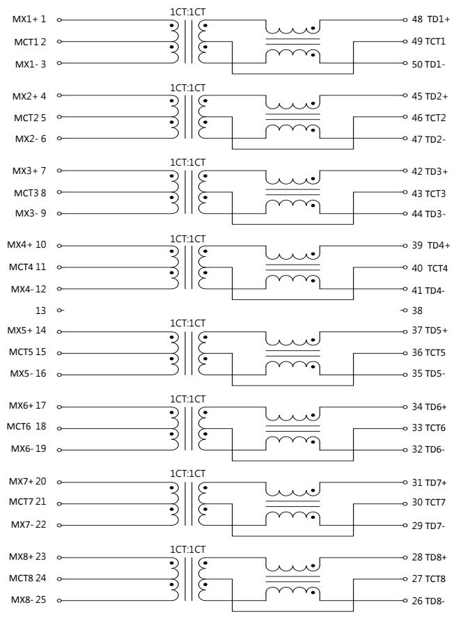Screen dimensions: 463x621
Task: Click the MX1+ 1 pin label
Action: click(x=29, y=19)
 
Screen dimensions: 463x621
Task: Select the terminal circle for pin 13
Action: click(x=59, y=310)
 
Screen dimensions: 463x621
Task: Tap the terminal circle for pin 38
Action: click(x=405, y=310)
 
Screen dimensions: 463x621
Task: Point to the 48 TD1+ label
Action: click(x=430, y=19)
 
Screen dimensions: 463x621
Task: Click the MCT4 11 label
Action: click(x=27, y=267)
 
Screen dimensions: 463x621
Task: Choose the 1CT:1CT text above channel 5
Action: click(x=188, y=323)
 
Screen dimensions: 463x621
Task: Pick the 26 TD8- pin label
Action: click(x=428, y=601)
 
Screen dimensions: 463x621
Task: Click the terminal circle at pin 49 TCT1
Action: click(x=405, y=41)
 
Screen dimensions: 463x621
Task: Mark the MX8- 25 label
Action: click(x=29, y=599)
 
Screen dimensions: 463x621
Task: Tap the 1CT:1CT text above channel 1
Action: click(x=188, y=12)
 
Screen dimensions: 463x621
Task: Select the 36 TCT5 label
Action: click(x=429, y=352)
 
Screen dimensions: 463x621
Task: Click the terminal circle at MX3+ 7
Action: click(x=59, y=171)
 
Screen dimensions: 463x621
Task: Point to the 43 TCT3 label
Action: click(x=429, y=194)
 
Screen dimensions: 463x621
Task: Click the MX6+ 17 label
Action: click(x=27, y=406)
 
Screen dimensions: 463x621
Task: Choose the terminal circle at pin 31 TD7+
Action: click(x=405, y=482)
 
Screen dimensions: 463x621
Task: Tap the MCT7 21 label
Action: click(x=27, y=502)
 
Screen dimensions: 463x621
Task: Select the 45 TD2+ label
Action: click(x=430, y=96)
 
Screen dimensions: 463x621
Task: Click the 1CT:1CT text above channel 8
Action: click(x=188, y=549)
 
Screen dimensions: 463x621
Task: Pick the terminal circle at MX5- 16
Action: click(x=59, y=375)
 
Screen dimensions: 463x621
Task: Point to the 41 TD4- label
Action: click(x=428, y=290)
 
